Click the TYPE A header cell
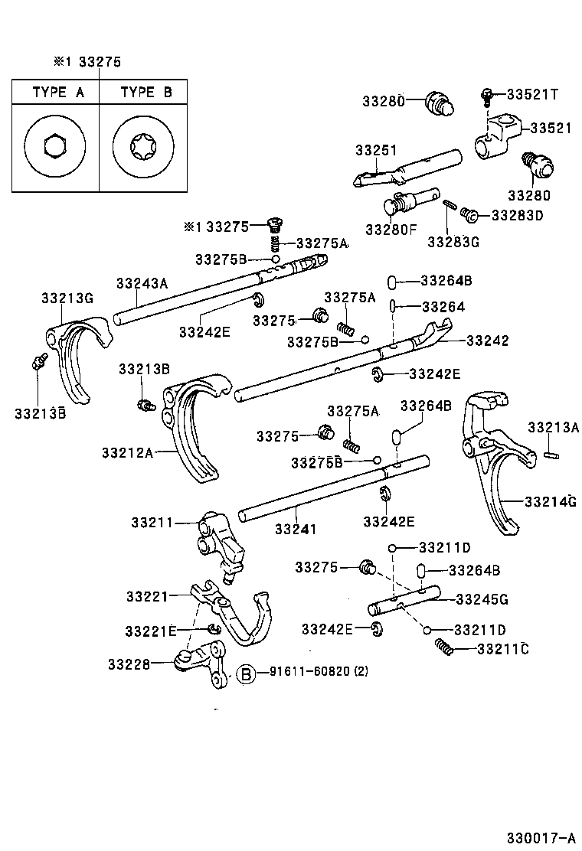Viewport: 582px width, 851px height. point(58,93)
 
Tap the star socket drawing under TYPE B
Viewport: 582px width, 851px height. point(144,146)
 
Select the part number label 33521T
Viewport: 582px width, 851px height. point(533,94)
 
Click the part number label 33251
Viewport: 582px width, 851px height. point(376,150)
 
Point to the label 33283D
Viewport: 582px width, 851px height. point(517,216)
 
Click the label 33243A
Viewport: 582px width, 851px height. point(142,282)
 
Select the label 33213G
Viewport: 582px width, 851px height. point(67,298)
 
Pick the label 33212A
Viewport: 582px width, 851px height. point(126,452)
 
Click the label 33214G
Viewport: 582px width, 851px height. point(550,501)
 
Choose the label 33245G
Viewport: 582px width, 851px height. point(482,598)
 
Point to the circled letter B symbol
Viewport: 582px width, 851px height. point(245,674)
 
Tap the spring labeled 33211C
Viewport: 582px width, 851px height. point(445,647)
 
